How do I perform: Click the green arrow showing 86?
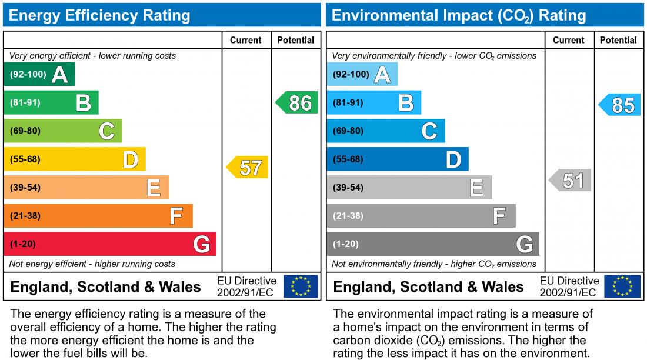pyautogui.click(x=298, y=103)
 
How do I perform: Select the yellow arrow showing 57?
pyautogui.click(x=248, y=168)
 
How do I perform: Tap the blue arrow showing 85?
pyautogui.click(x=621, y=105)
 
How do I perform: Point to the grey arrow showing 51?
pyautogui.click(x=571, y=181)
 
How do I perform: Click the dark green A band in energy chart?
pyautogui.click(x=39, y=75)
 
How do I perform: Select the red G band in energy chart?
pyautogui.click(x=110, y=244)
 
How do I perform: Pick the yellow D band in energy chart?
pyautogui.click(x=75, y=159)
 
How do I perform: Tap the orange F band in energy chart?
pyautogui.click(x=98, y=216)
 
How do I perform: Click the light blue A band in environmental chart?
pyautogui.click(x=362, y=75)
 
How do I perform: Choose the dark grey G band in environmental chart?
pyautogui.click(x=433, y=244)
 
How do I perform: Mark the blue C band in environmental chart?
pyautogui.click(x=386, y=131)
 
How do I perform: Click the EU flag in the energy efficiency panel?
pyautogui.click(x=301, y=286)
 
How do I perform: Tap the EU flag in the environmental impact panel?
pyautogui.click(x=623, y=286)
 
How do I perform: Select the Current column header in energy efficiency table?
pyautogui.click(x=246, y=40)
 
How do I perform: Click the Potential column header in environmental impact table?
pyautogui.click(x=618, y=40)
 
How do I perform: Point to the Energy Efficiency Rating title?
pyautogui.click(x=100, y=15)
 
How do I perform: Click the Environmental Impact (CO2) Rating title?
pyautogui.click(x=459, y=15)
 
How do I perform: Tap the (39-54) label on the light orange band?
pyautogui.click(x=25, y=188)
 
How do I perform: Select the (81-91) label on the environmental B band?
pyautogui.click(x=348, y=103)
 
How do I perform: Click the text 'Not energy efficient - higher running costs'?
pyautogui.click(x=92, y=264)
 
